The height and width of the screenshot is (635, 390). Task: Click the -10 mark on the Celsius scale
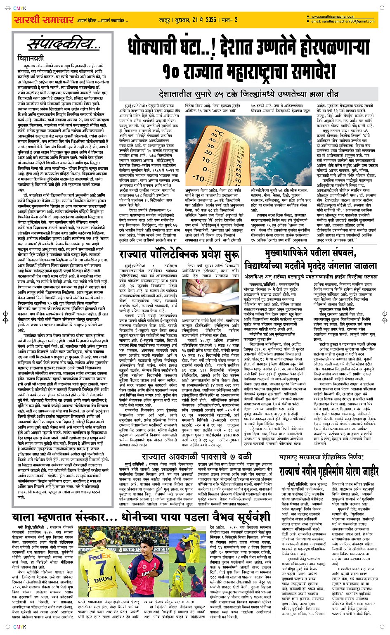199,178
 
